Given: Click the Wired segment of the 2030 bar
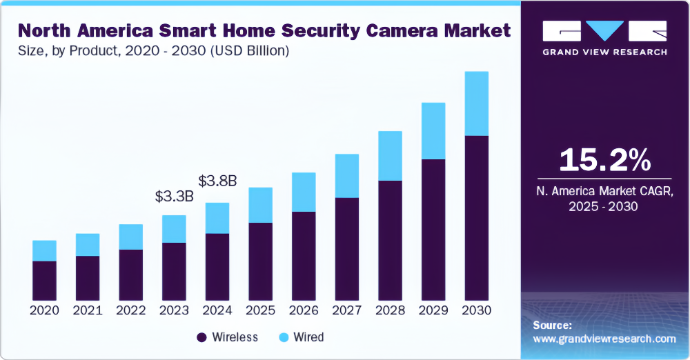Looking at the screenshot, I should (477, 103).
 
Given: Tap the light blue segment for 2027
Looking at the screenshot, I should (346, 176).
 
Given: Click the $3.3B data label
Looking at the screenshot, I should (174, 197).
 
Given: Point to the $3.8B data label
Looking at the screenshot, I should (217, 181).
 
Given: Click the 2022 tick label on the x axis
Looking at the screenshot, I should (130, 310).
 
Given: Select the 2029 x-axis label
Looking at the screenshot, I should (433, 310).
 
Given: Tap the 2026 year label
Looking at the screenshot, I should (304, 310).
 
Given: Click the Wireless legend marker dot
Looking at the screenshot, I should (201, 337).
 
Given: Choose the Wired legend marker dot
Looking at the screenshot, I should (284, 337).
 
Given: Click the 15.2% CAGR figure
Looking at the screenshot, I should (604, 160).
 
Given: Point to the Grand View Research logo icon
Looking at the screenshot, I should (604, 31).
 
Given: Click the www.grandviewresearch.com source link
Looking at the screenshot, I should (604, 339).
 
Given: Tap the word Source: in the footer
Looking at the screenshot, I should (553, 325).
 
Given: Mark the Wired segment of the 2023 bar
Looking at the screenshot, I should (174, 229).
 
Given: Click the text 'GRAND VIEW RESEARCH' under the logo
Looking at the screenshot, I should (604, 52).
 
